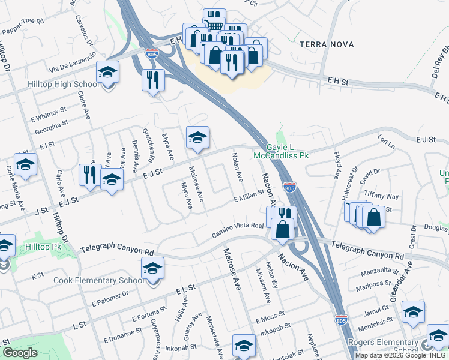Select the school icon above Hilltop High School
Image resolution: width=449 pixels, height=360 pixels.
point(108,73)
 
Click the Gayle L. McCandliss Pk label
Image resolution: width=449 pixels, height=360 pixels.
point(288,151)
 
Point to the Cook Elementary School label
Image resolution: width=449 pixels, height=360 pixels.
point(99,280)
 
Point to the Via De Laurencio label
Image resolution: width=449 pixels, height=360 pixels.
point(74,59)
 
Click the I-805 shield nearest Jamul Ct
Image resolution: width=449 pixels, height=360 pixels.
point(341,321)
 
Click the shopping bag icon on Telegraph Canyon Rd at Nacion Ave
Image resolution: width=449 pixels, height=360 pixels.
point(282,229)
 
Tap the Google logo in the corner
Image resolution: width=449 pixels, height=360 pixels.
point(20,353)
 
